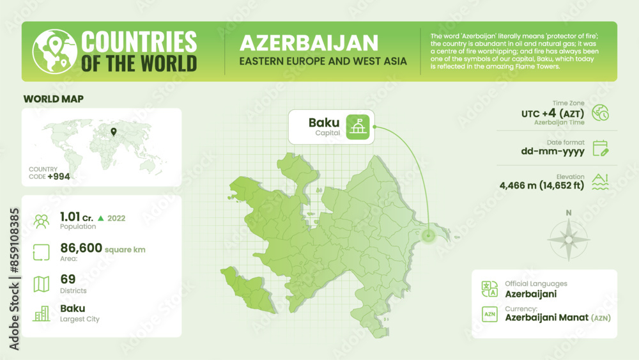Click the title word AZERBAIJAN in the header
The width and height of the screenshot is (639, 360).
click(x=308, y=43)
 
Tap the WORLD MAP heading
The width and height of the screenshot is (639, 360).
click(x=53, y=99)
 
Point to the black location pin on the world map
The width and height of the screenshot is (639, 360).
click(x=113, y=132)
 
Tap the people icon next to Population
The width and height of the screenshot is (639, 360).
click(x=42, y=221)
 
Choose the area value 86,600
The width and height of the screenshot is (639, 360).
click(x=81, y=247)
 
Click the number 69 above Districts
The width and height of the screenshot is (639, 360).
click(x=67, y=278)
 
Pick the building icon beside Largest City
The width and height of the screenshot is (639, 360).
click(x=42, y=313)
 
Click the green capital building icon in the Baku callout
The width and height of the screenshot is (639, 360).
click(x=357, y=126)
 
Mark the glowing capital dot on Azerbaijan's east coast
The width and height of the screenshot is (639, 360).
click(x=428, y=236)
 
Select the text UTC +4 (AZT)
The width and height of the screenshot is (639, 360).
click(x=553, y=113)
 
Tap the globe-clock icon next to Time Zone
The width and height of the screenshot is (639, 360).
click(x=600, y=113)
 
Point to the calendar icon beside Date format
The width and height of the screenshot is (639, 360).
click(x=600, y=149)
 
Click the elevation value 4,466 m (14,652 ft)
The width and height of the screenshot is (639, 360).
click(x=542, y=186)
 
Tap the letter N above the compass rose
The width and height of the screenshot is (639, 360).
click(x=568, y=213)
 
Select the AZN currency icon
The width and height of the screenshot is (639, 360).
click(x=489, y=314)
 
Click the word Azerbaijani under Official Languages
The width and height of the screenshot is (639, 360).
click(x=530, y=294)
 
